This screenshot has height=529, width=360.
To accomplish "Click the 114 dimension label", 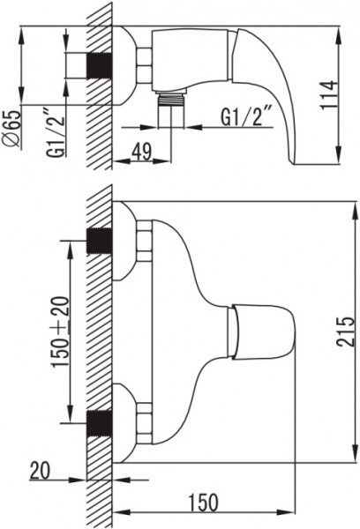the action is click(328, 95).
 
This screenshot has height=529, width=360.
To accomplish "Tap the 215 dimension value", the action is click(346, 332).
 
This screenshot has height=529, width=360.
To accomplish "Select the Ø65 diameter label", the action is click(12, 129).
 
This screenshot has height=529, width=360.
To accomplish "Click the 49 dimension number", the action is click(141, 152).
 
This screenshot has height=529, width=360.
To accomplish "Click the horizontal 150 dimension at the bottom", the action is click(203, 503).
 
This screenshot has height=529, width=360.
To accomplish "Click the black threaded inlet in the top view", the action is click(100, 66).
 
